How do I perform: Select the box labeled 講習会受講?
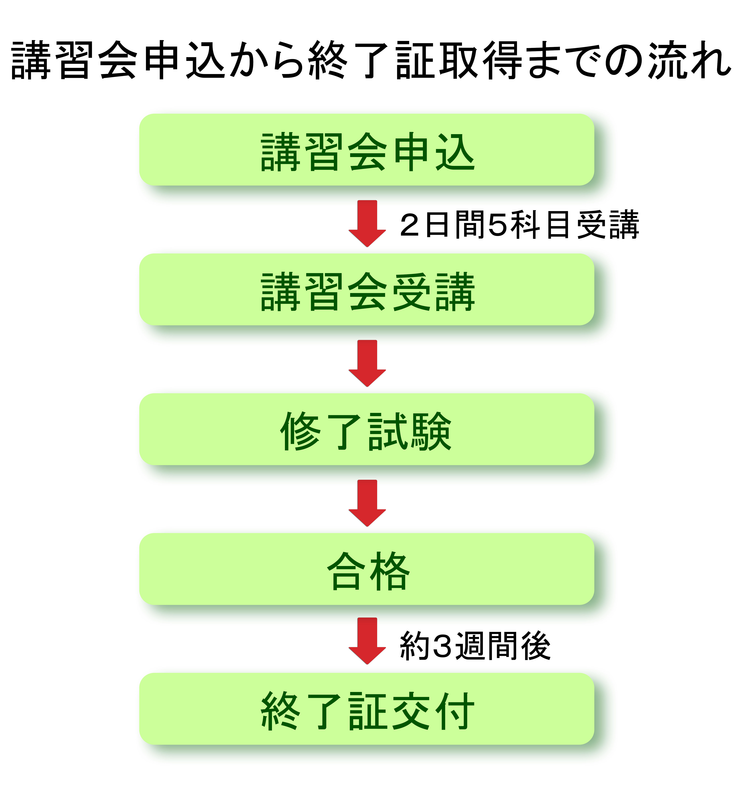click(x=367, y=289)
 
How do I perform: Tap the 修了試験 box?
click(x=367, y=429)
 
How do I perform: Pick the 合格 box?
click(x=367, y=569)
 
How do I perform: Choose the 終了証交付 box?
click(x=367, y=709)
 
